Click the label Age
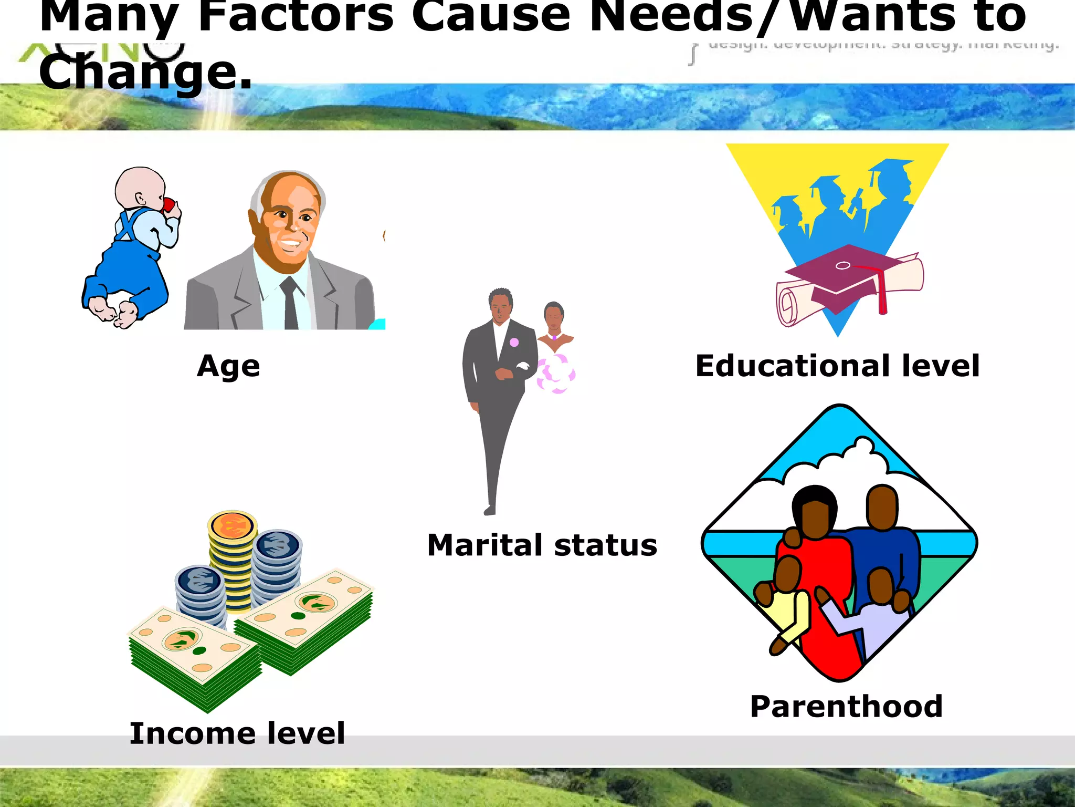click(x=228, y=366)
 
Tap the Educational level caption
click(x=837, y=366)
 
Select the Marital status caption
click(x=542, y=545)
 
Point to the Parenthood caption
click(x=846, y=706)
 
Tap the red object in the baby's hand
click(x=169, y=205)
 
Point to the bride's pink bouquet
click(x=556, y=373)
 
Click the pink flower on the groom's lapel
click(x=514, y=342)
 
